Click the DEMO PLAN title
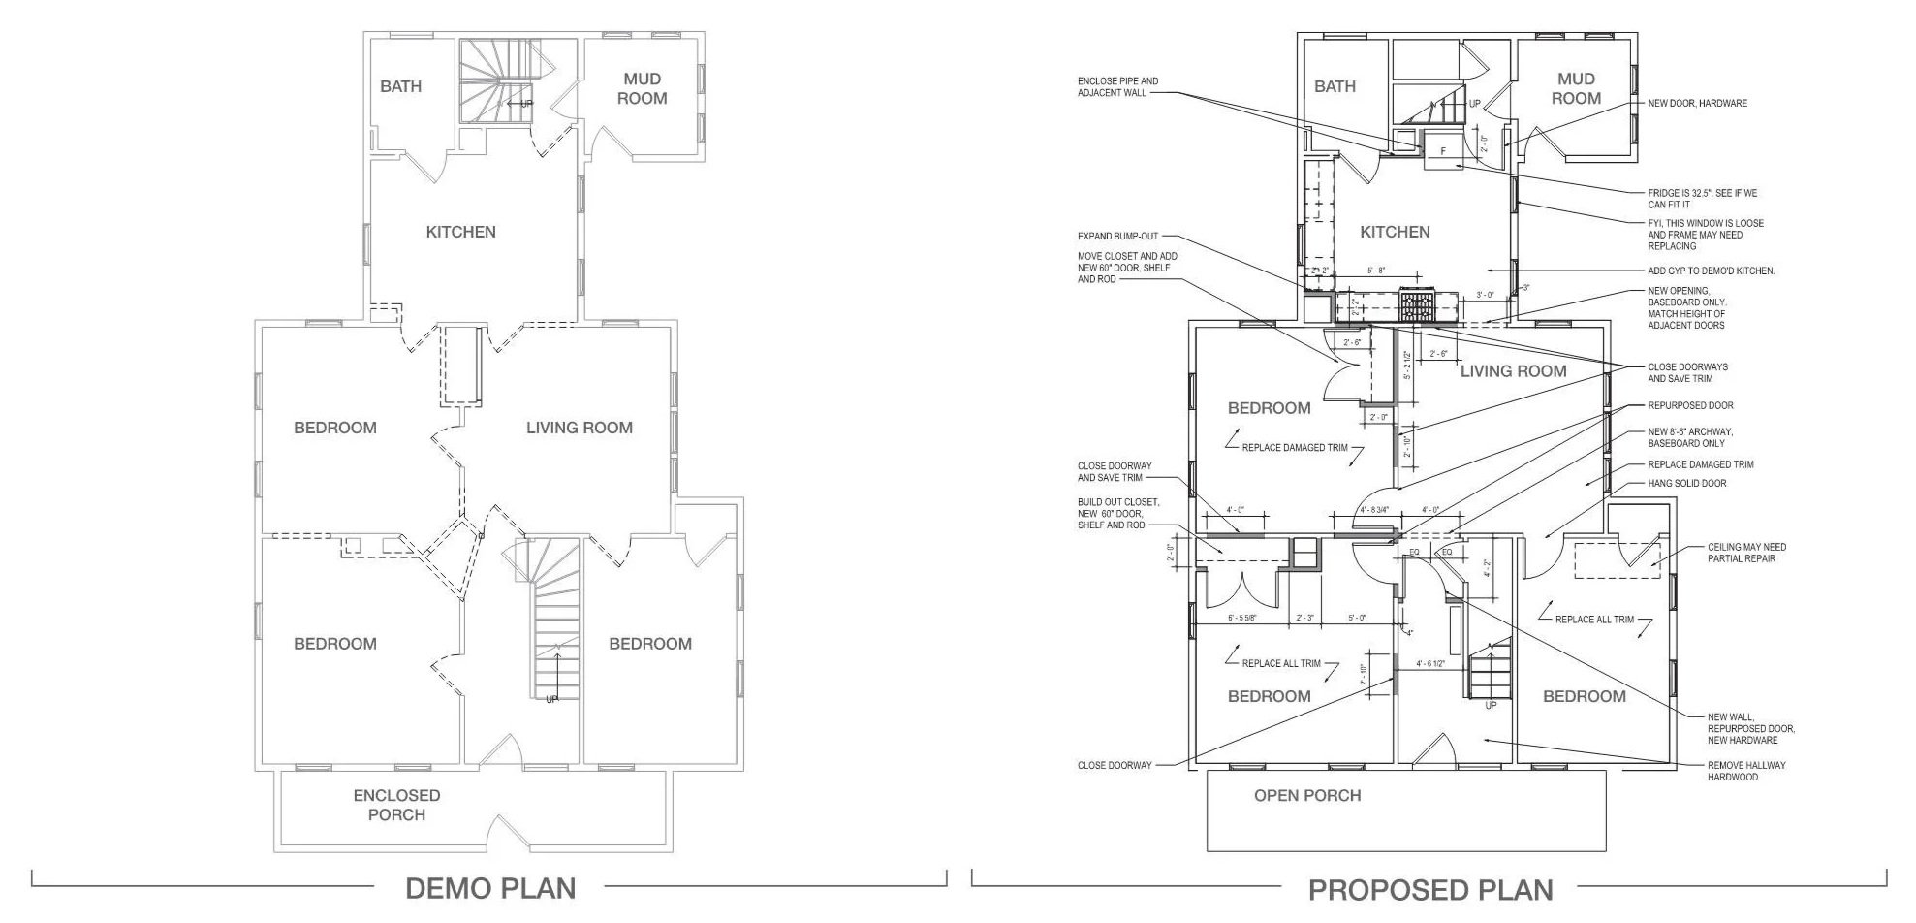[x=489, y=887]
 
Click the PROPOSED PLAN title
[x=1430, y=889]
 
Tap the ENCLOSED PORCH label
[x=396, y=805]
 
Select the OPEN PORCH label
[x=1307, y=796]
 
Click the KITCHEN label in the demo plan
[x=461, y=232]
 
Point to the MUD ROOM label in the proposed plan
[x=1576, y=88]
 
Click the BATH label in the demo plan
[x=400, y=86]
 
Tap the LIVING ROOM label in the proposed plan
[x=1513, y=370]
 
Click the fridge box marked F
[x=1442, y=151]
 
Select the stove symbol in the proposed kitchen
[x=1416, y=307]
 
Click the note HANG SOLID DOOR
[x=1687, y=483]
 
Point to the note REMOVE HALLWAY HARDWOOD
[x=1746, y=771]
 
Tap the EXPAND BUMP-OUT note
[x=1117, y=236]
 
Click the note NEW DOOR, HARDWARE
[x=1698, y=103]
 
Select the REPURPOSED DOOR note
[x=1690, y=405]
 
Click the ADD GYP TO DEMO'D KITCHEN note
[x=1712, y=271]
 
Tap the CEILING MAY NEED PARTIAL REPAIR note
[x=1746, y=553]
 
